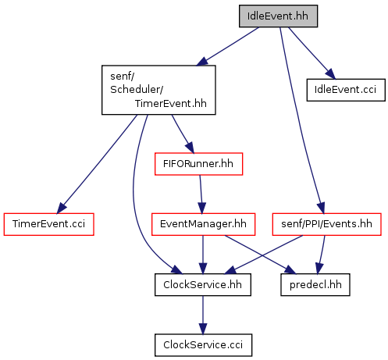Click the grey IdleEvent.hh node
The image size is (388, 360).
click(x=278, y=16)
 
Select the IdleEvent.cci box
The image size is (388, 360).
click(x=346, y=90)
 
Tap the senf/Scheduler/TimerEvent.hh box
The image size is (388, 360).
click(x=158, y=90)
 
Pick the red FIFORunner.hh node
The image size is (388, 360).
click(x=198, y=164)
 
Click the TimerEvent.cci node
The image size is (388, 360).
click(x=48, y=224)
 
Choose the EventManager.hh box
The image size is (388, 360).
click(x=203, y=224)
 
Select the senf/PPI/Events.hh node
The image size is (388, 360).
click(x=326, y=224)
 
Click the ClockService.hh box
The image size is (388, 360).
click(x=203, y=285)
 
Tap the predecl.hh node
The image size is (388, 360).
click(x=315, y=285)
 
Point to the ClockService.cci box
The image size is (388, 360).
click(x=203, y=345)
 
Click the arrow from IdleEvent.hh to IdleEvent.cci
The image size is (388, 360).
click(x=312, y=53)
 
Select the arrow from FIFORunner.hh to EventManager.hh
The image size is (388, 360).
click(x=201, y=194)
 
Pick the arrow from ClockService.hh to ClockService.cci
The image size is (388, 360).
click(x=203, y=315)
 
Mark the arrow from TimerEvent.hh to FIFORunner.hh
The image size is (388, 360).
click(x=183, y=134)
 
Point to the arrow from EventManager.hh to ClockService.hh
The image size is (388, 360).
click(x=203, y=255)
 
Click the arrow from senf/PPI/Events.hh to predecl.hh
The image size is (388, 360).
click(x=321, y=255)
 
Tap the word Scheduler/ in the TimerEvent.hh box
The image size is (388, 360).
click(x=137, y=90)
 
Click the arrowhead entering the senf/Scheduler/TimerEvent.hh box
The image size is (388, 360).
click(x=202, y=61)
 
